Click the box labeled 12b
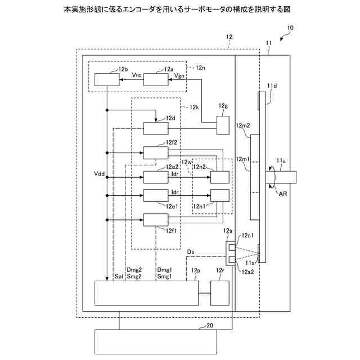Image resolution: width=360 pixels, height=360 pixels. point(106,79)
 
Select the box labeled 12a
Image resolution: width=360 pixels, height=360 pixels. point(156,79)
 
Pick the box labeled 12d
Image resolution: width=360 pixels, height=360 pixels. point(156,128)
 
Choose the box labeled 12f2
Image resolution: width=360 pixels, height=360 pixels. point(156,152)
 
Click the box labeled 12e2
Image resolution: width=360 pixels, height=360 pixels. point(156,177)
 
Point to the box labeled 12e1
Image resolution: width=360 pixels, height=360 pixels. point(156,196)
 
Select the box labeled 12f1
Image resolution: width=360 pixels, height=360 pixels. point(156,220)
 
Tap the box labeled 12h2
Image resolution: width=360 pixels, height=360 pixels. point(220,177)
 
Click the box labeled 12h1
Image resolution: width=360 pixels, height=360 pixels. point(220,196)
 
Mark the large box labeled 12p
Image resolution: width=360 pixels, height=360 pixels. point(146,292)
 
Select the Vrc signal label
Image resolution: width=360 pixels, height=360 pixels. point(136,74)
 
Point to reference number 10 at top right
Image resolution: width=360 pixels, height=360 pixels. point(290,28)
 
